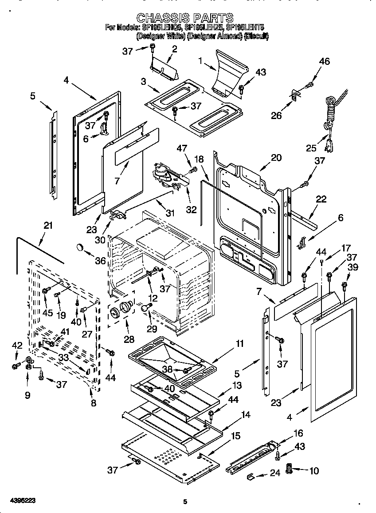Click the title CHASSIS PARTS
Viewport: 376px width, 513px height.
coord(185,18)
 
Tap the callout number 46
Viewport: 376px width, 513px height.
coord(324,62)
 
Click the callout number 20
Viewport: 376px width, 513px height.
coord(276,157)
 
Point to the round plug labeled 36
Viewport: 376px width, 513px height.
coord(80,247)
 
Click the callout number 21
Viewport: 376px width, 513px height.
coord(48,226)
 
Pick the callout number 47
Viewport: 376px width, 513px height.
coord(182,148)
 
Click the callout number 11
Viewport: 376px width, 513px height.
coord(239,343)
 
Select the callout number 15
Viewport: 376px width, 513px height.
coord(237,436)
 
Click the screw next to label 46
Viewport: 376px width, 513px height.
coord(310,84)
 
